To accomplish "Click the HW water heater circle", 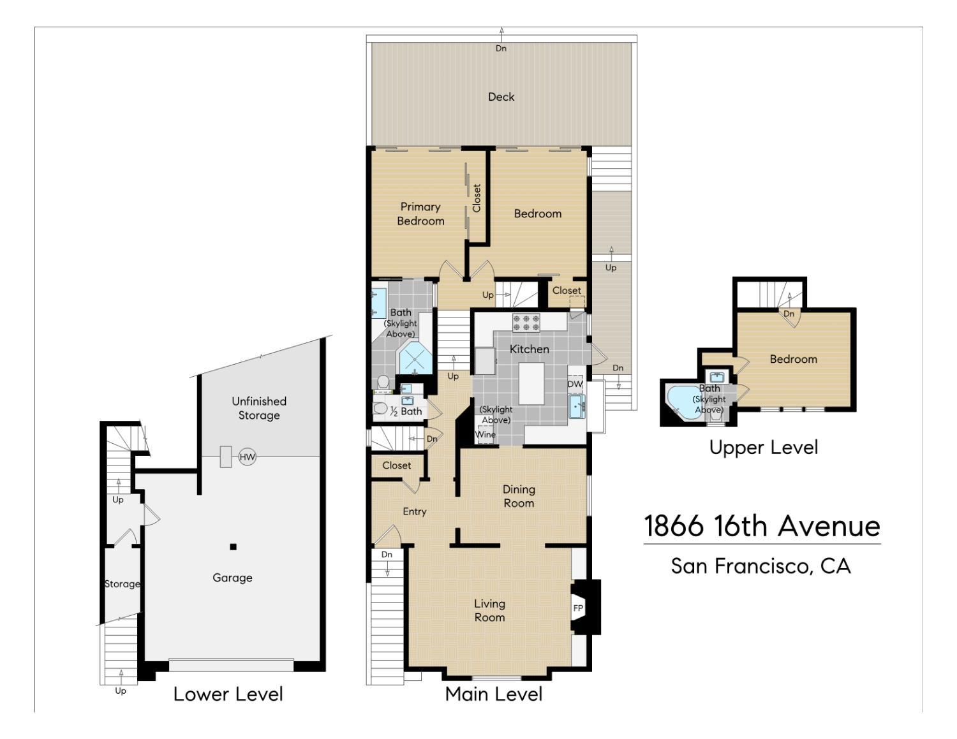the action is coord(247,457).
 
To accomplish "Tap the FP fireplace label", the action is coord(578,608).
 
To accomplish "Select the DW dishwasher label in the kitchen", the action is coord(575,384).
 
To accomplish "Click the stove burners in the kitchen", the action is coord(526,323).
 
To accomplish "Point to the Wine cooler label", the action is coord(486,434).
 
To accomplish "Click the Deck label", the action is coord(501,97).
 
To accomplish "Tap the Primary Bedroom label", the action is coord(420,214).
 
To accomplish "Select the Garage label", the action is coord(232,578).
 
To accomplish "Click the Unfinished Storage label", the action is coord(259,408).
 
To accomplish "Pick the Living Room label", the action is coord(490,610).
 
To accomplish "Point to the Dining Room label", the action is coord(519,496).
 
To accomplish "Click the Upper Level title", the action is coord(764,448).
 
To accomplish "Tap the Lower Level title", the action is coord(228,694).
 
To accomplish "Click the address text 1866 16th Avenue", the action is coord(762,526).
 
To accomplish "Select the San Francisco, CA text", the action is coord(761,566).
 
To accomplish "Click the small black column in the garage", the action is coord(234,547).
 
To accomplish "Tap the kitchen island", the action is coord(531,384).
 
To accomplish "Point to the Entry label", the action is coord(415,511).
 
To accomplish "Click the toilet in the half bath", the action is coord(380,409).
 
